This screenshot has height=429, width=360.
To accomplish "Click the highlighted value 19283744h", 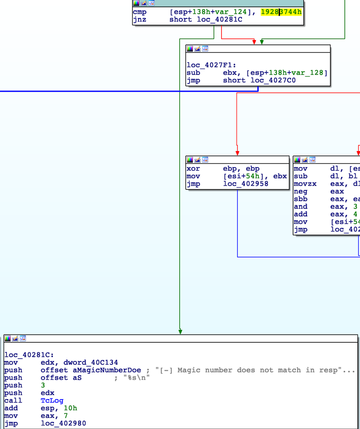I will click(x=281, y=12).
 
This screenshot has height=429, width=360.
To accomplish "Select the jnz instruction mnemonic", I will click(x=139, y=19).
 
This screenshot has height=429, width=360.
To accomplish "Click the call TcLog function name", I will click(x=52, y=401).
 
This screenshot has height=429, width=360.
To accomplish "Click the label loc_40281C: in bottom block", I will click(x=29, y=355).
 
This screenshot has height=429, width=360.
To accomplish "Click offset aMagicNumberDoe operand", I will click(x=90, y=370).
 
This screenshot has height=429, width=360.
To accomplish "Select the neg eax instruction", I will click(x=315, y=192).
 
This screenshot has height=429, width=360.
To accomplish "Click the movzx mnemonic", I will click(x=305, y=184).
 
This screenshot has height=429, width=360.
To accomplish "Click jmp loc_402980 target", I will click(x=63, y=424).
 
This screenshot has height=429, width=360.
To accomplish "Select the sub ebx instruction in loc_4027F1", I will click(x=256, y=73).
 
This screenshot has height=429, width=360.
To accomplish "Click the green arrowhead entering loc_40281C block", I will click(x=180, y=332).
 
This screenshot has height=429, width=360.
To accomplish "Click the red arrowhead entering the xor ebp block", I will click(x=237, y=153).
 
